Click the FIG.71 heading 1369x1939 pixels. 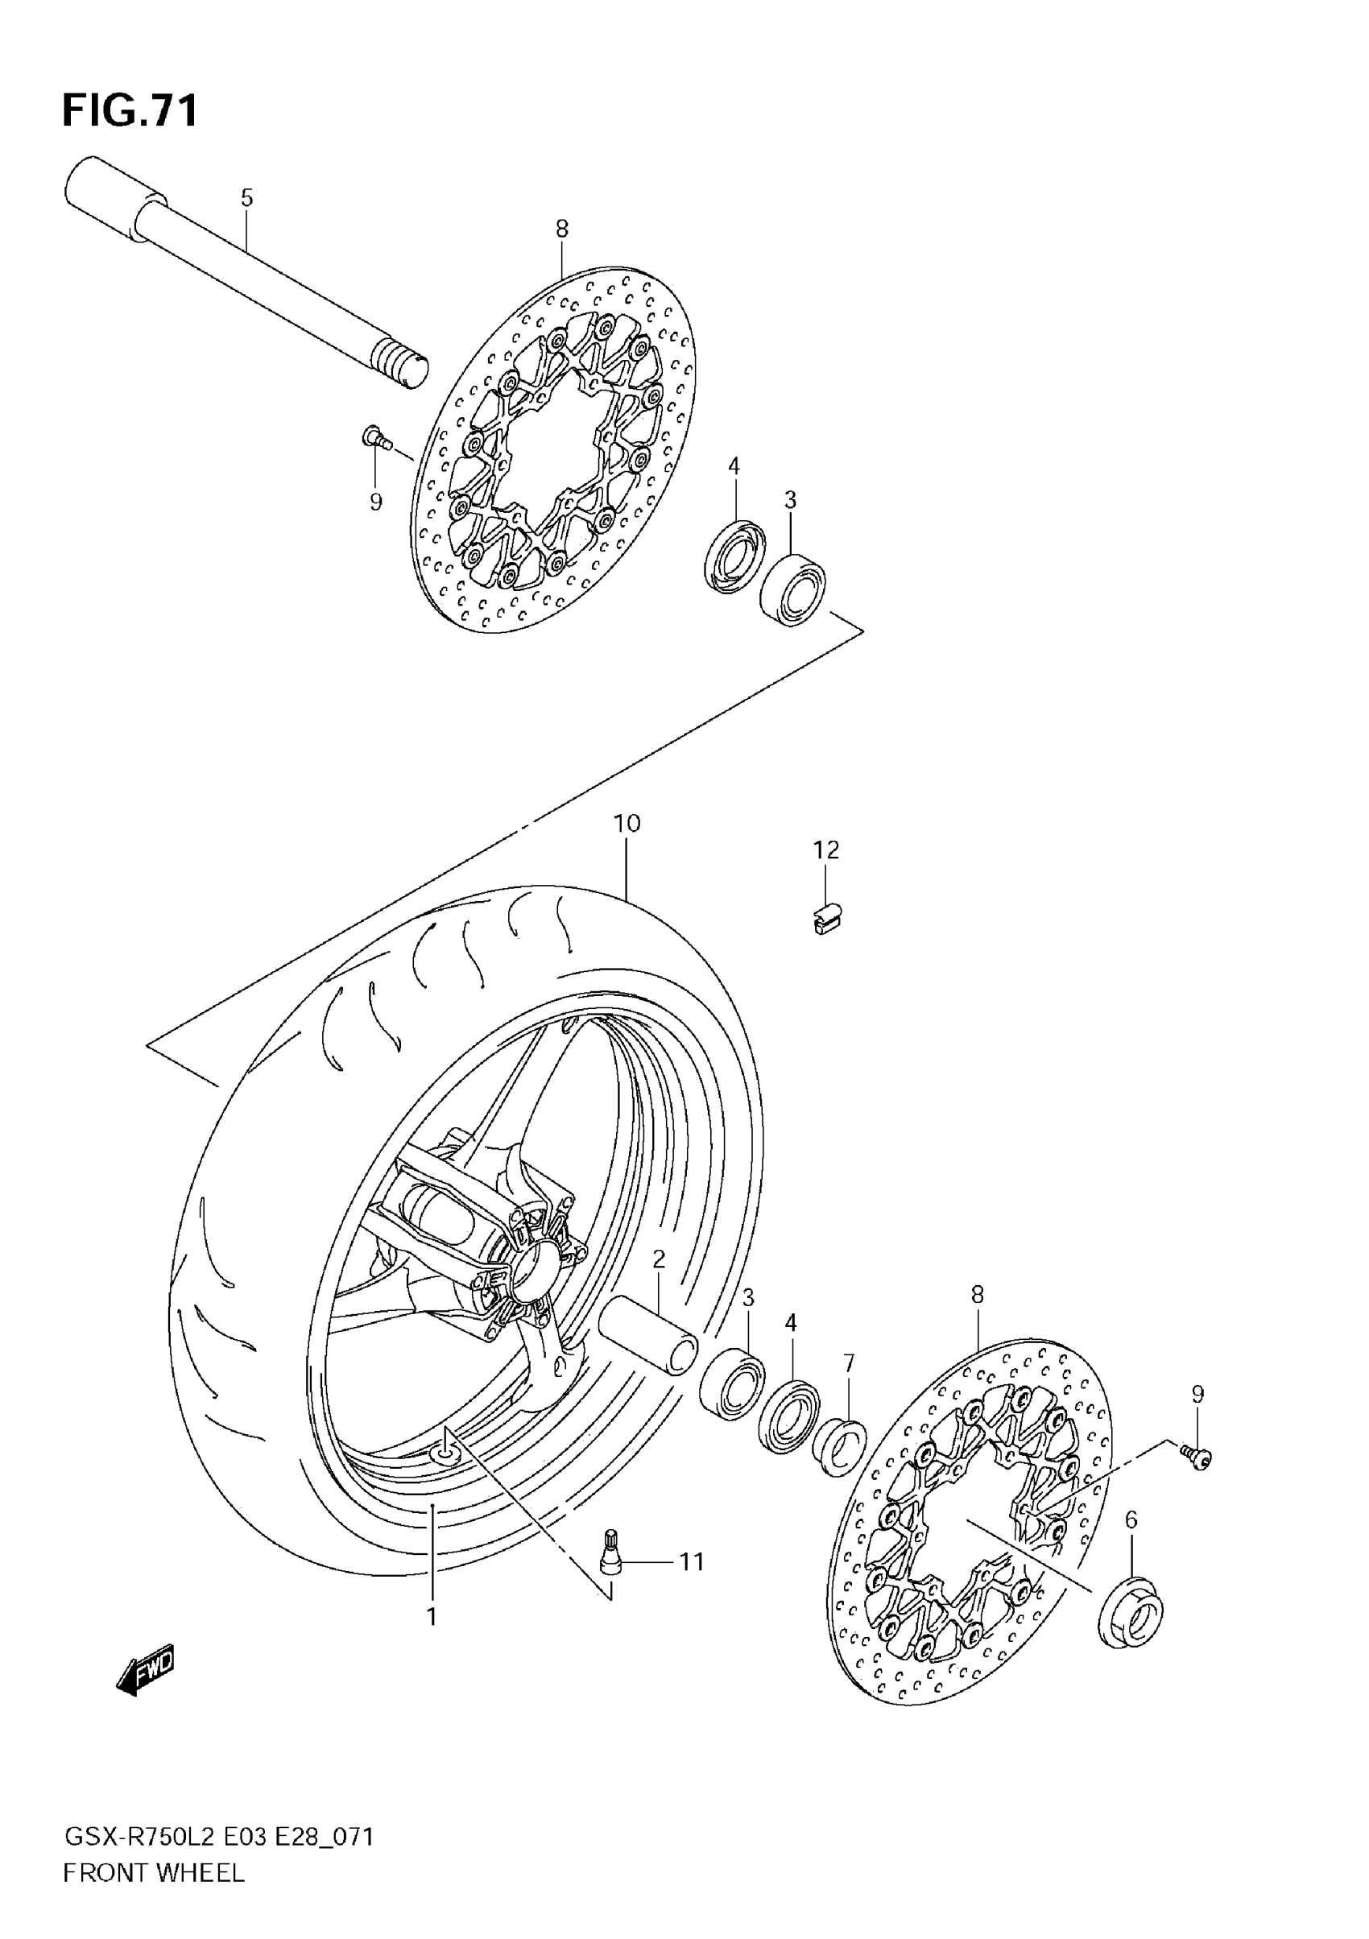(130, 110)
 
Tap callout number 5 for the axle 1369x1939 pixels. (246, 198)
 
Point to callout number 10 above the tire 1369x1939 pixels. (627, 824)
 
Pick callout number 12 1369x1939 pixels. (827, 850)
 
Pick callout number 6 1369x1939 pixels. (1131, 1519)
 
